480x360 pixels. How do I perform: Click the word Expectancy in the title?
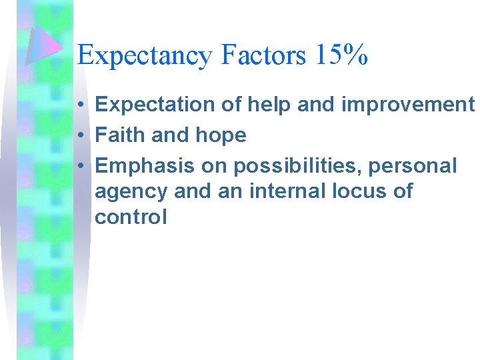coord(143,56)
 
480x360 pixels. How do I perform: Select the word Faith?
coord(121,135)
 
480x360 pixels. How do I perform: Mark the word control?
coord(131,217)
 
